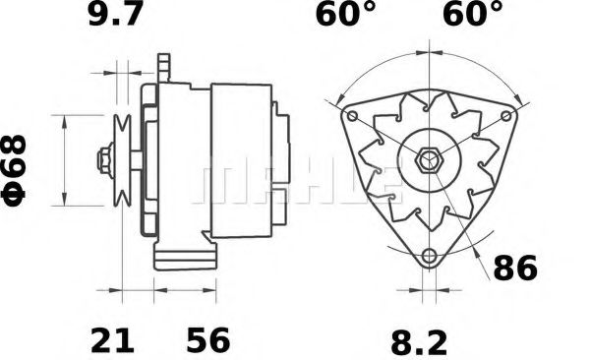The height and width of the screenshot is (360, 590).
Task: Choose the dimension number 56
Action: click(x=207, y=341)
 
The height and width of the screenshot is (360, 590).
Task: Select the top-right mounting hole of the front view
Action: click(x=507, y=115)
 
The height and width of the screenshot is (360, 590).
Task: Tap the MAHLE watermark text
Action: click(x=295, y=182)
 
